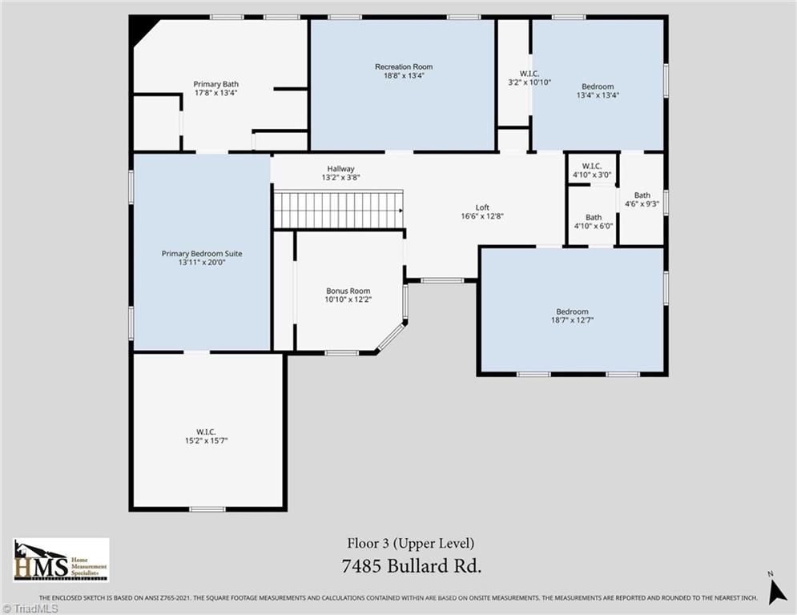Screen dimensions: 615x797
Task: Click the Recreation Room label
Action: pyautogui.click(x=402, y=66)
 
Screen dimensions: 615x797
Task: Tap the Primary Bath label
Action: pyautogui.click(x=216, y=84)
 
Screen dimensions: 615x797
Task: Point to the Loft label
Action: pyautogui.click(x=482, y=207)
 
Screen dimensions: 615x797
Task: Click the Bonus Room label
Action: pyautogui.click(x=348, y=291)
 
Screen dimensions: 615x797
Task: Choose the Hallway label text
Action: pyautogui.click(x=340, y=169)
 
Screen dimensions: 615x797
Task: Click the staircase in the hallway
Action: pyautogui.click(x=337, y=210)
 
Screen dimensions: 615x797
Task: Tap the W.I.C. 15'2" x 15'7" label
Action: pyautogui.click(x=206, y=436)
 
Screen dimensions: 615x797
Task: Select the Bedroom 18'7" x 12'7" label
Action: pyautogui.click(x=572, y=316)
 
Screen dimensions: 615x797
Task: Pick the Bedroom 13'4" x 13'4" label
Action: pyautogui.click(x=598, y=90)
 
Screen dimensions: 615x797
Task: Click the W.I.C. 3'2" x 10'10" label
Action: pyautogui.click(x=513, y=78)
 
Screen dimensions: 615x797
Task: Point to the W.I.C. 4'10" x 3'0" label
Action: pyautogui.click(x=592, y=170)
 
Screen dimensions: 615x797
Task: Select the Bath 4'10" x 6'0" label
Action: pyautogui.click(x=593, y=221)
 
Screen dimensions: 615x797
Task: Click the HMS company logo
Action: pyautogui.click(x=61, y=559)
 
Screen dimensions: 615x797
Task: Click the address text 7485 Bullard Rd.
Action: pyautogui.click(x=411, y=566)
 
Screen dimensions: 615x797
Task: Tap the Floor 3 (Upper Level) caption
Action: pyautogui.click(x=411, y=544)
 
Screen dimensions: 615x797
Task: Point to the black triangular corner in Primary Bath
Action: pyautogui.click(x=142, y=30)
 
